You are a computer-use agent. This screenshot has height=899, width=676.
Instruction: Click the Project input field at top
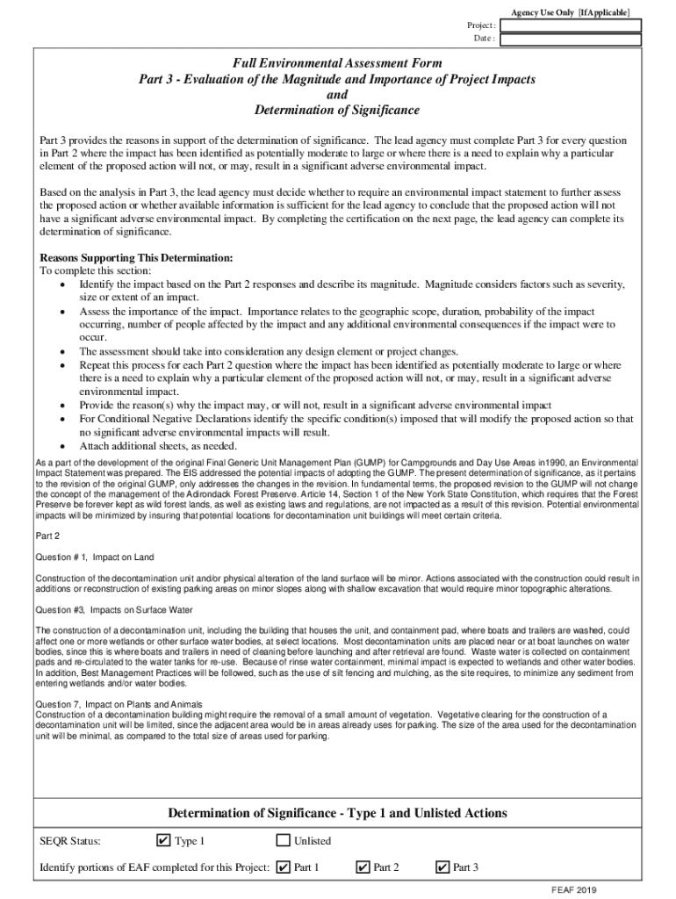click(x=570, y=25)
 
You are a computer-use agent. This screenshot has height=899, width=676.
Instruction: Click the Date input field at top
click(x=570, y=40)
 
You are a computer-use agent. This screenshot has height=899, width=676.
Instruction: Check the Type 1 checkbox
click(x=162, y=841)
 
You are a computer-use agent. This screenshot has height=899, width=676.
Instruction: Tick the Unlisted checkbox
click(x=283, y=841)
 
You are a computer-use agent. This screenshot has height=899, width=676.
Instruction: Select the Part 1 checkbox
click(x=283, y=867)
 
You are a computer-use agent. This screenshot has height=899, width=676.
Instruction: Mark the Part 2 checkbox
click(x=363, y=867)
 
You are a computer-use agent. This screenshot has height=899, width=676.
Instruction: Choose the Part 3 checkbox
click(x=442, y=867)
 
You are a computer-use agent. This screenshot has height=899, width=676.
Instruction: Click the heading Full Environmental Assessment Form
click(x=337, y=63)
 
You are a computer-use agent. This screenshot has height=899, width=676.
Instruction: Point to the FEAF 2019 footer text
click(x=574, y=888)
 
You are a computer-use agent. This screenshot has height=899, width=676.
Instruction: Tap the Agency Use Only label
click(x=570, y=11)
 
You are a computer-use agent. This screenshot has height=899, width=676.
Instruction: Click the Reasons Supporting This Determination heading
click(x=136, y=258)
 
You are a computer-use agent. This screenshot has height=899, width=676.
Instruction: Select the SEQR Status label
click(x=70, y=841)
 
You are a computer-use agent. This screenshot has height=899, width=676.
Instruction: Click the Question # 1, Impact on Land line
click(x=95, y=557)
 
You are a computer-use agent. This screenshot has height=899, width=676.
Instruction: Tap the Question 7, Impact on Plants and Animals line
click(x=119, y=704)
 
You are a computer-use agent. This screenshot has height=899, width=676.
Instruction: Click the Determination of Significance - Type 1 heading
click(x=337, y=813)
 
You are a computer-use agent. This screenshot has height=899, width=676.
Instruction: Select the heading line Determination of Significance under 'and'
click(x=337, y=111)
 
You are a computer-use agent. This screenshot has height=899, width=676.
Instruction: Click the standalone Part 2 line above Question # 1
click(x=47, y=536)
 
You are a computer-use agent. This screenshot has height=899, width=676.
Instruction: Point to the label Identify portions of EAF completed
click(x=155, y=868)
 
